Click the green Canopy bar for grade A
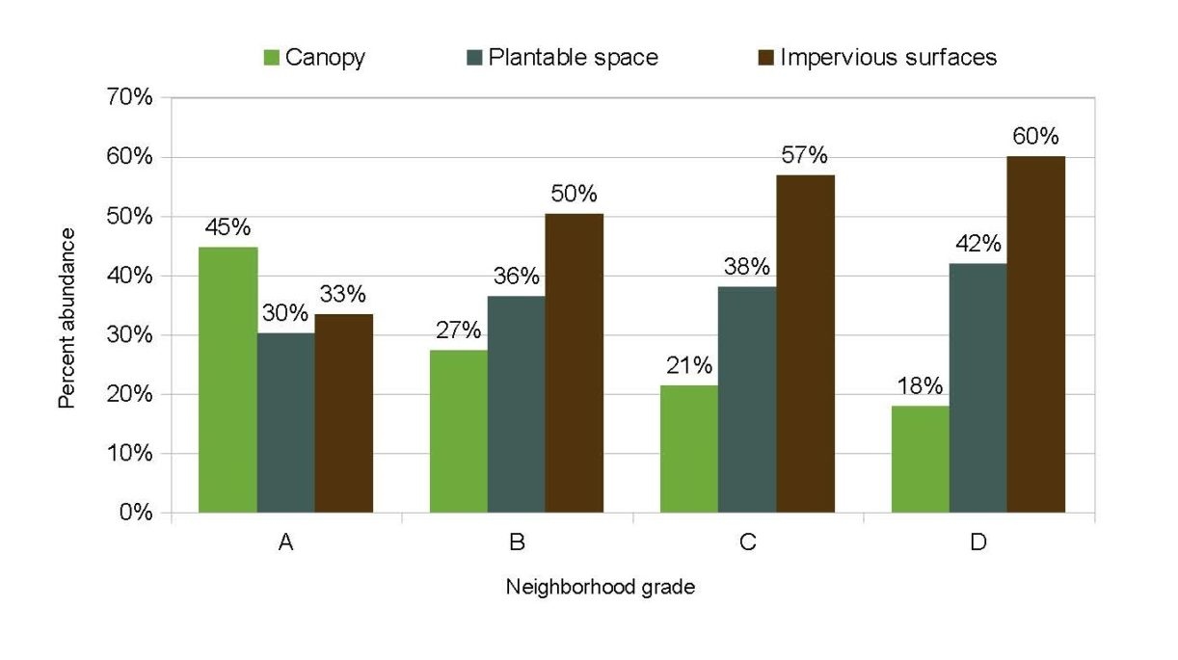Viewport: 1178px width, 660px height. [228, 380]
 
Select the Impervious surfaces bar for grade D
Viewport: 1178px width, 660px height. [1036, 334]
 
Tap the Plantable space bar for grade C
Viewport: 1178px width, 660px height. [747, 400]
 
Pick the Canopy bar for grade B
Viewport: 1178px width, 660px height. [459, 431]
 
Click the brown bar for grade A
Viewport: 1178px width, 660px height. [344, 413]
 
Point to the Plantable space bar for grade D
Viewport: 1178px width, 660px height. [978, 388]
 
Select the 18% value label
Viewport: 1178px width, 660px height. [921, 386]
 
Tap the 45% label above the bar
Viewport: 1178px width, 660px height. [228, 227]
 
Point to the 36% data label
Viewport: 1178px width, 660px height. [517, 277]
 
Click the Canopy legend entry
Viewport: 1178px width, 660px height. [312, 58]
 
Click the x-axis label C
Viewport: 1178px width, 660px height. [747, 542]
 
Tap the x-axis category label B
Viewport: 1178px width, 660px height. [517, 542]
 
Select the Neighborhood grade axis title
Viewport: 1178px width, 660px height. [600, 587]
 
